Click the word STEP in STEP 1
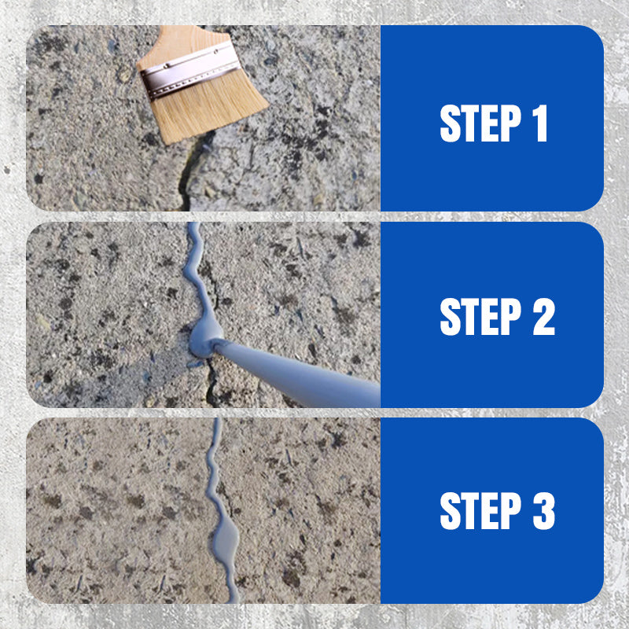[x=480, y=123]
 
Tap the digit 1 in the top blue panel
[x=540, y=123]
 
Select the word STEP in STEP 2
[x=480, y=316]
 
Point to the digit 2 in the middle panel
[x=543, y=316]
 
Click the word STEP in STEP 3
[x=480, y=511]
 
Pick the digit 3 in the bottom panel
[x=543, y=511]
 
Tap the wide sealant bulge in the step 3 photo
[x=226, y=537]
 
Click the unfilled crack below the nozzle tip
[x=210, y=383]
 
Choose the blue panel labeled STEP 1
[x=492, y=118]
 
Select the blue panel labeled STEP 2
[x=492, y=314]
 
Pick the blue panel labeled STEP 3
[x=492, y=510]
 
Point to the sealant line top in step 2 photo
[x=194, y=224]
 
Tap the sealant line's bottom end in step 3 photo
[x=234, y=601]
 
